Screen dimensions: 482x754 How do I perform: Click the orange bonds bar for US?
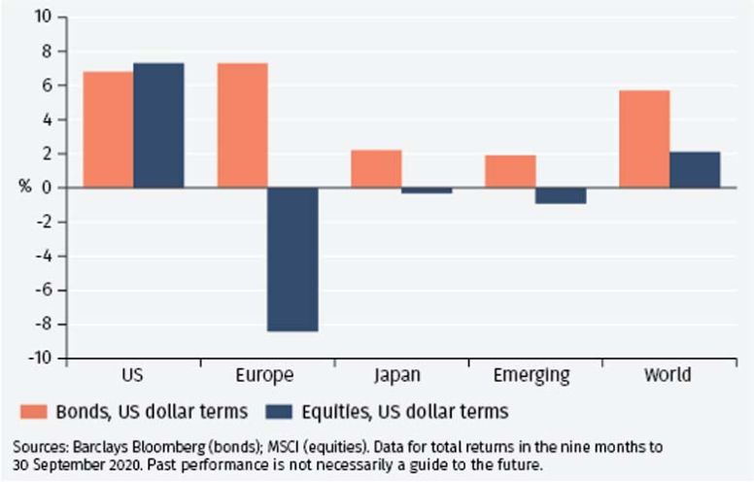[x=108, y=129]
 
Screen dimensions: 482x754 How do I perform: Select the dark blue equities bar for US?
[x=158, y=125]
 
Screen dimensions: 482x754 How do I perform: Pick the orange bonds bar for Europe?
[x=242, y=125]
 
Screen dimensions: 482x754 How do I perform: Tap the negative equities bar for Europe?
[x=292, y=259]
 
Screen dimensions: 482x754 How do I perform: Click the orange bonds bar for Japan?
[x=376, y=169]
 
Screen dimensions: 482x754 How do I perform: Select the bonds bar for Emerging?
[x=510, y=171]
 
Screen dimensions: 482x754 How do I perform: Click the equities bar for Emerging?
[x=561, y=196]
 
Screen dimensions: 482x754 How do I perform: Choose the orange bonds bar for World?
[x=644, y=139]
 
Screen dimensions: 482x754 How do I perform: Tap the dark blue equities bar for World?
[x=695, y=170]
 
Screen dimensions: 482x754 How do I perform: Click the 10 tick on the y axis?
[x=45, y=17]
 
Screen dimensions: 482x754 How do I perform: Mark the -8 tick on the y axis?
[x=45, y=325]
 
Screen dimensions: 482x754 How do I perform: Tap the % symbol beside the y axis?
[x=24, y=188]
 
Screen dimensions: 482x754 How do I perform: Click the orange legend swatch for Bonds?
[x=34, y=411]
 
